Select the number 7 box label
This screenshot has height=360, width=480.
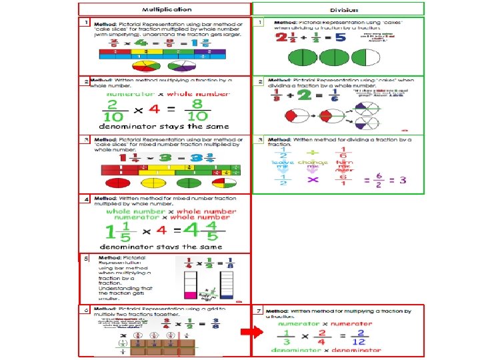tap(259, 311)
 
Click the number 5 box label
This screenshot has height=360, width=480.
tap(86, 257)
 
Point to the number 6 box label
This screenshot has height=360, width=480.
tap(86, 310)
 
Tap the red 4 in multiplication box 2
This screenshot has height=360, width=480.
tap(154, 110)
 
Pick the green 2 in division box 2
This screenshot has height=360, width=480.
tap(306, 96)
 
